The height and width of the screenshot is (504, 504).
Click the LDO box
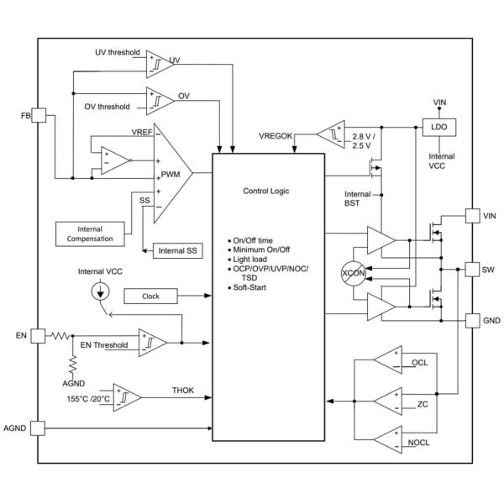click(439, 129)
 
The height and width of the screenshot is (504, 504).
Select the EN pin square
click(38, 335)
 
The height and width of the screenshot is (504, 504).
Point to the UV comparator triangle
click(157, 62)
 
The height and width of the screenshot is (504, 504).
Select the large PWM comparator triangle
click(171, 173)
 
